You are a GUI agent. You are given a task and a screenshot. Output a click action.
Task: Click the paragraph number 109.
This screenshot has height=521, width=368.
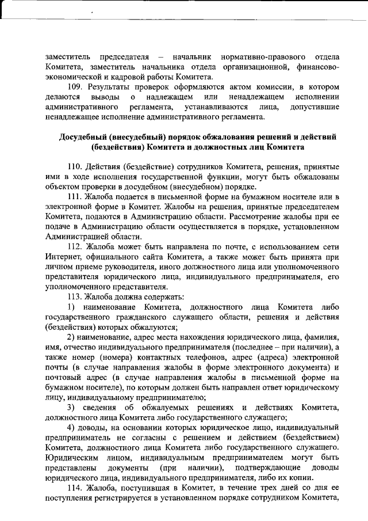click(75, 86)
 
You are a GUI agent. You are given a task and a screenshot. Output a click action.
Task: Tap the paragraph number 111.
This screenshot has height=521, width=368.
click(75, 196)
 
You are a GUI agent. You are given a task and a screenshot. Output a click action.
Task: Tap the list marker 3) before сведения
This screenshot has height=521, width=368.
click(72, 408)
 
